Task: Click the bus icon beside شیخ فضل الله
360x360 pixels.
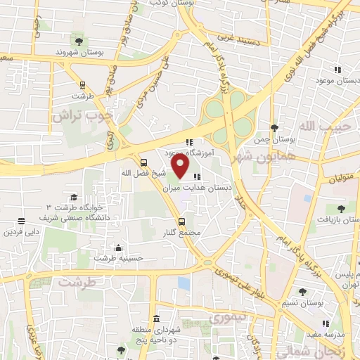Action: click(144, 160)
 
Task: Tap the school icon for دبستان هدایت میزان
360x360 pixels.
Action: click(195, 177)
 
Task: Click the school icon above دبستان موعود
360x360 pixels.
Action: click(337, 70)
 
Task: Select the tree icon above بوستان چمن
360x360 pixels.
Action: click(274, 128)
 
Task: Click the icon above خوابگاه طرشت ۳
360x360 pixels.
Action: click(74, 198)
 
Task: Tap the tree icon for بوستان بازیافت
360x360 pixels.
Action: click(341, 208)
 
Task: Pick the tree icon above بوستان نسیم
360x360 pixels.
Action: click(303, 291)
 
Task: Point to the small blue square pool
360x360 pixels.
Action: click(184, 283)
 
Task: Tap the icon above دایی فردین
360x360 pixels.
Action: click(21, 221)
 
